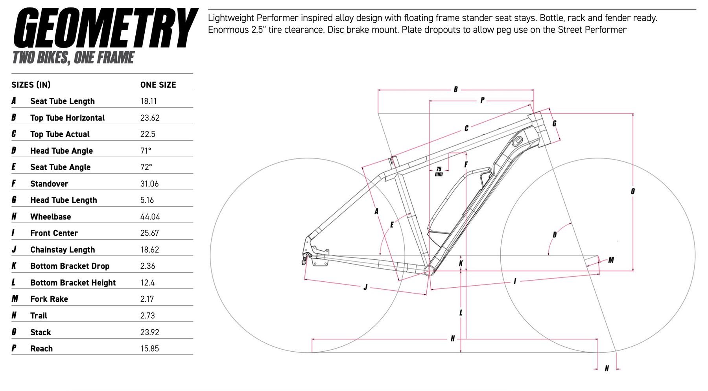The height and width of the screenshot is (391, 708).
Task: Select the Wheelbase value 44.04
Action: (x=150, y=217)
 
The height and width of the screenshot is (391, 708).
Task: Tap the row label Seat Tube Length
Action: (x=63, y=101)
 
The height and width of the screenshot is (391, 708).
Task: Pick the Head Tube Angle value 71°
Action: (x=146, y=151)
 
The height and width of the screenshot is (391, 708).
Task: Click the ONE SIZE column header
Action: (x=158, y=85)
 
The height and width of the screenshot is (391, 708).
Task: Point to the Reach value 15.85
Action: (x=150, y=349)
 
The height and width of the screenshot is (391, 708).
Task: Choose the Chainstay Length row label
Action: (x=63, y=250)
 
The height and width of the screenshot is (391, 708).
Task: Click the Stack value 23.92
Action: (x=150, y=332)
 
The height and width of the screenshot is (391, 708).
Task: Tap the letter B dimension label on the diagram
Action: (x=455, y=90)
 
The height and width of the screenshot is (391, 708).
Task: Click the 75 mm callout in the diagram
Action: (x=439, y=171)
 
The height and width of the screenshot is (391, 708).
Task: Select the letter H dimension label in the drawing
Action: (x=453, y=338)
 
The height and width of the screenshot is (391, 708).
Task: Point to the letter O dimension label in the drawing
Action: (x=632, y=191)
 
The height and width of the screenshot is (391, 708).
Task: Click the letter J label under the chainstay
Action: (x=365, y=287)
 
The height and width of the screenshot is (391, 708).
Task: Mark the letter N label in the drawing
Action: (x=607, y=368)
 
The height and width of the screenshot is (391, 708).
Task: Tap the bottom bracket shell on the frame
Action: (x=429, y=270)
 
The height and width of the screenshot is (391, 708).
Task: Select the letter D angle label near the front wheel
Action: (x=555, y=235)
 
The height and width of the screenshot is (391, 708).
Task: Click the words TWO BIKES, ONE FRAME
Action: (x=74, y=58)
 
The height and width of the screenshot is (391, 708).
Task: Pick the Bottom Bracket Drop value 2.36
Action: (x=148, y=266)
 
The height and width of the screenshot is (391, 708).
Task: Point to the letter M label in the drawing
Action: (x=611, y=260)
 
